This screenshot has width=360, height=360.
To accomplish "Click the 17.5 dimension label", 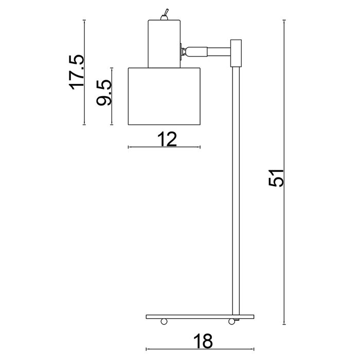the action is (x=77, y=72).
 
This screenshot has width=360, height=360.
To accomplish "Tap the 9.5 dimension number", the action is (x=104, y=93).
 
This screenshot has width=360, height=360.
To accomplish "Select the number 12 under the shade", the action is (x=167, y=139).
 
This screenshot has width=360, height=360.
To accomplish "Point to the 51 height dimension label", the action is (x=276, y=178).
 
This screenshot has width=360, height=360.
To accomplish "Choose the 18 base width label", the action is (x=203, y=341).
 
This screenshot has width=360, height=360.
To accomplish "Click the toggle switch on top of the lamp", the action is (x=165, y=15).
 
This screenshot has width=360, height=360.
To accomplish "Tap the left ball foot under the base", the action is (x=164, y=321).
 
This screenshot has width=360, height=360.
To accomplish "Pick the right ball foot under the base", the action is (x=231, y=321).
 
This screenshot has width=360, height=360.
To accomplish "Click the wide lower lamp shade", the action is (x=164, y=97).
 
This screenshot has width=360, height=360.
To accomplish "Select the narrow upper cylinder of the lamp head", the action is (x=164, y=44).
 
